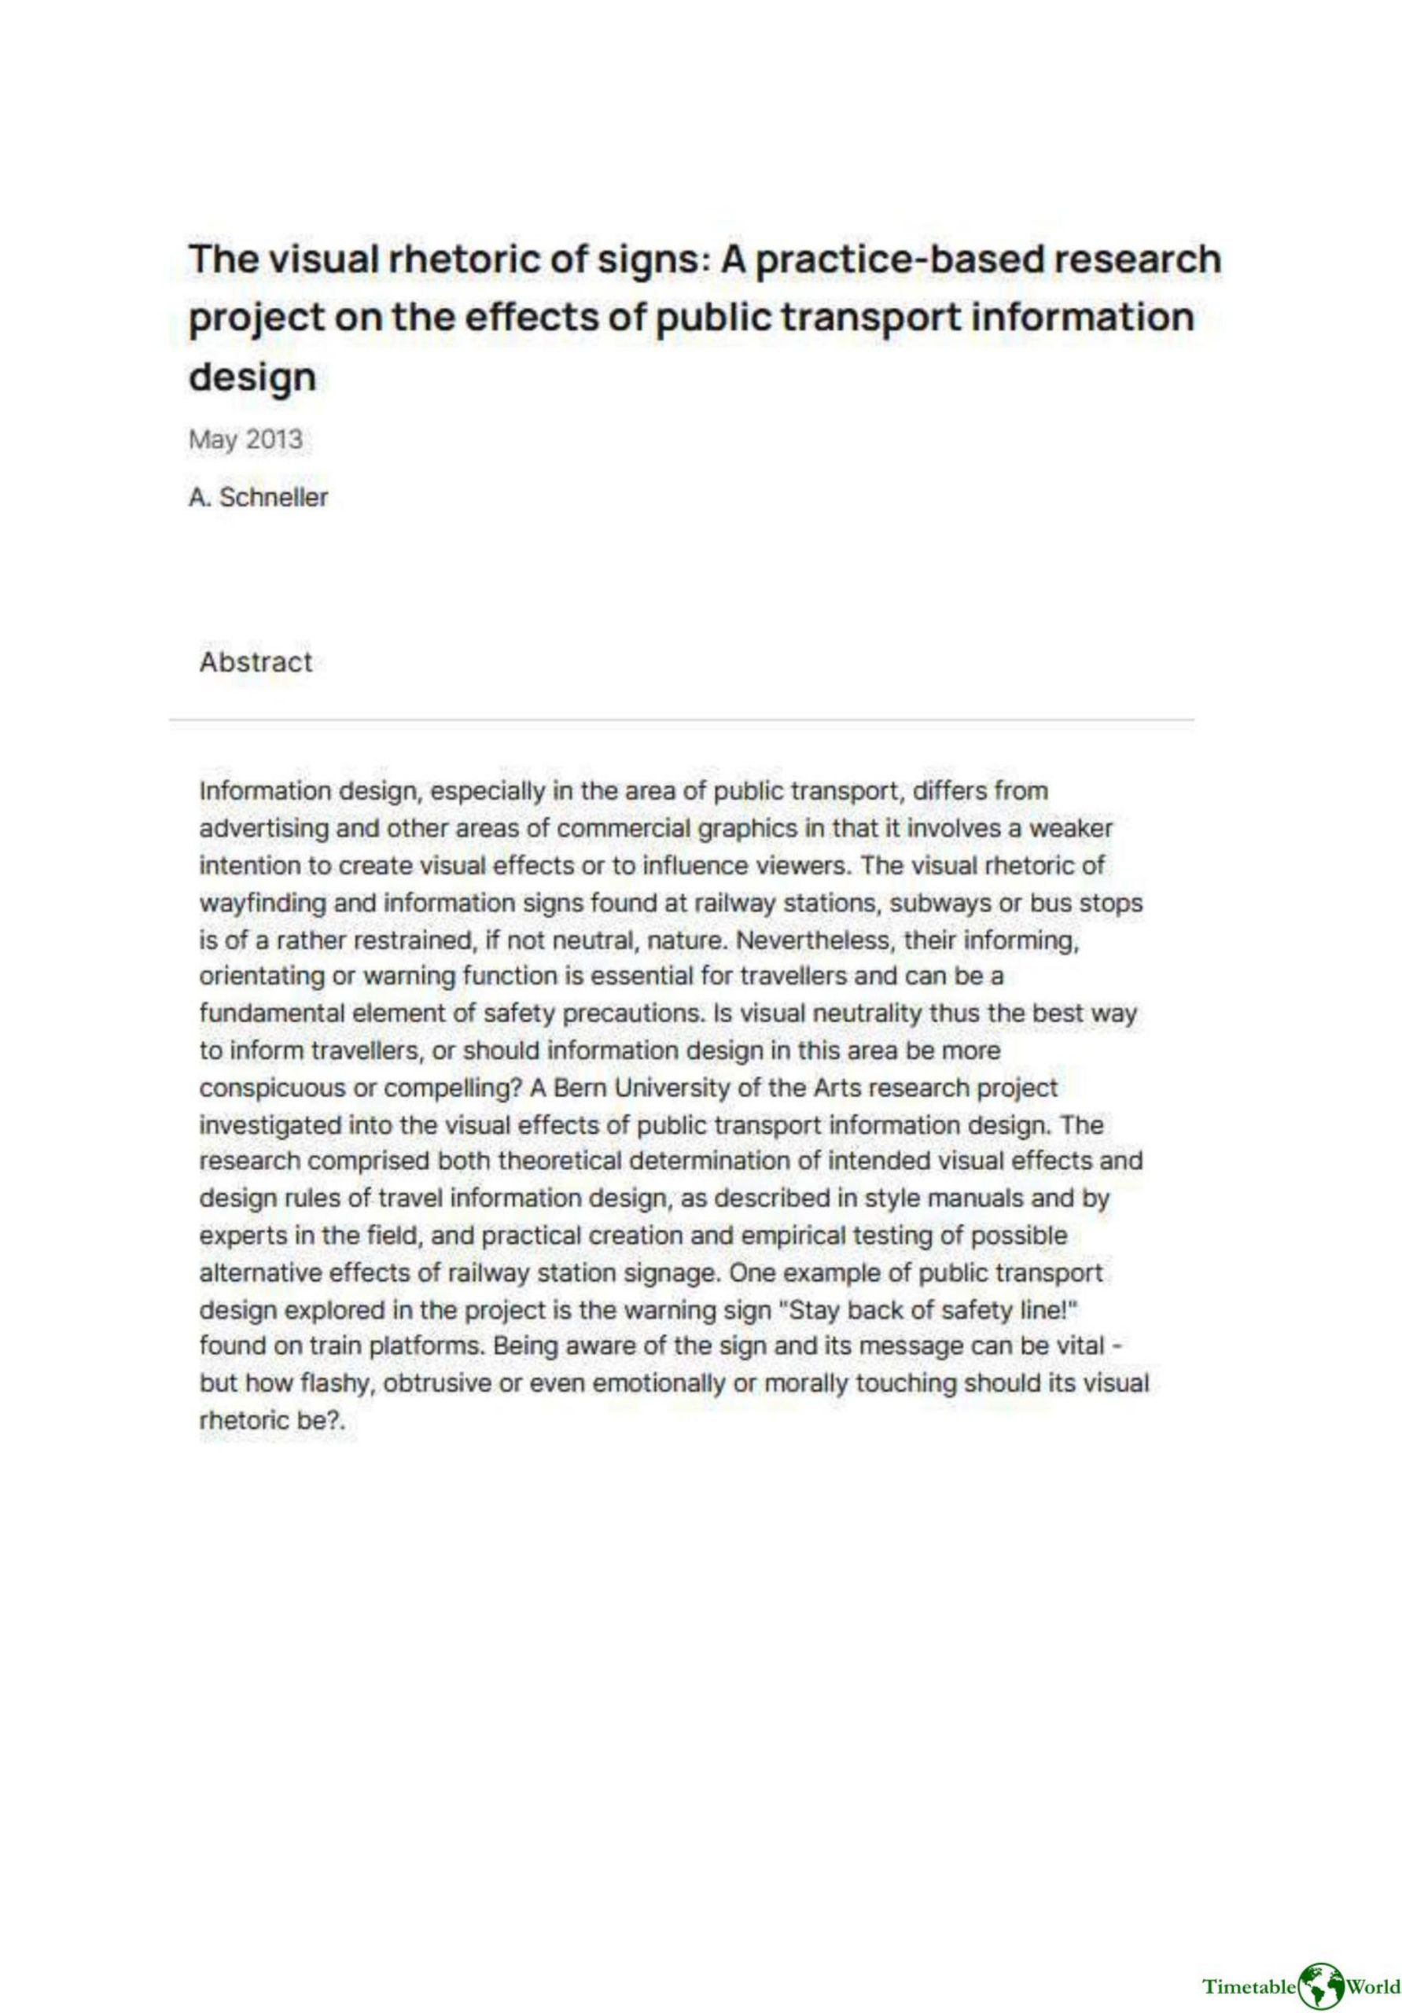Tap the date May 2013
tap(245, 440)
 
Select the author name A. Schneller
tap(258, 497)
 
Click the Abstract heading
tap(255, 662)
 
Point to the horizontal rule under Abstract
tap(680, 719)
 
